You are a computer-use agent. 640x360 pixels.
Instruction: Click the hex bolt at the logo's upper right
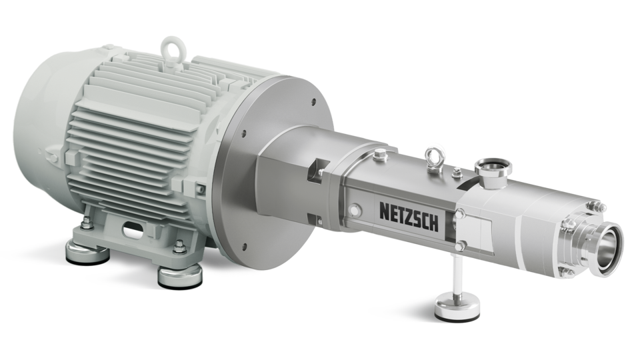[462, 213]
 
